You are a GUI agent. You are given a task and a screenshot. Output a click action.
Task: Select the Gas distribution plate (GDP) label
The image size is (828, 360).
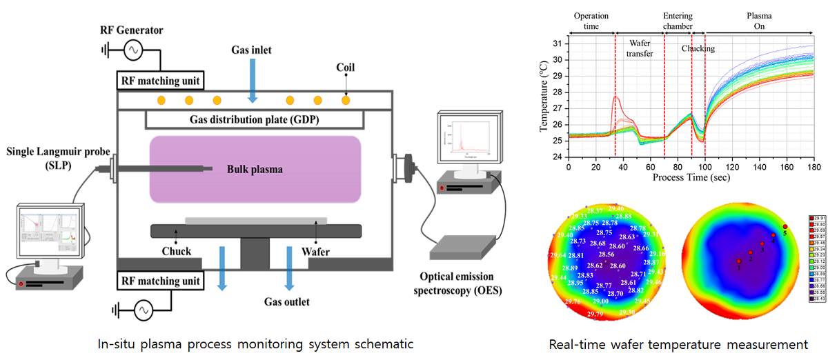pos(254,119)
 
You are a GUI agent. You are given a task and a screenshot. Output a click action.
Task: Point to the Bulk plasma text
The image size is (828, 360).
pos(254,168)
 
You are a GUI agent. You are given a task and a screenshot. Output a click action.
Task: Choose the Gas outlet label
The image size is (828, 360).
pos(287,302)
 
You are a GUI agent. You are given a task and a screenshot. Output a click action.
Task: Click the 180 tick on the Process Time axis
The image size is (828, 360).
pos(814,168)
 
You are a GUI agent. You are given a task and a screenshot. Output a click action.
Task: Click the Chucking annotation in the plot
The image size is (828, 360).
pos(698,49)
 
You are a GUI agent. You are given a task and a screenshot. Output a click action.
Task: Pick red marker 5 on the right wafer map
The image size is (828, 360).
pos(785,227)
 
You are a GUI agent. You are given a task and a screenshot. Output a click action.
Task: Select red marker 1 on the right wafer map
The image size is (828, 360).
pos(738,262)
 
